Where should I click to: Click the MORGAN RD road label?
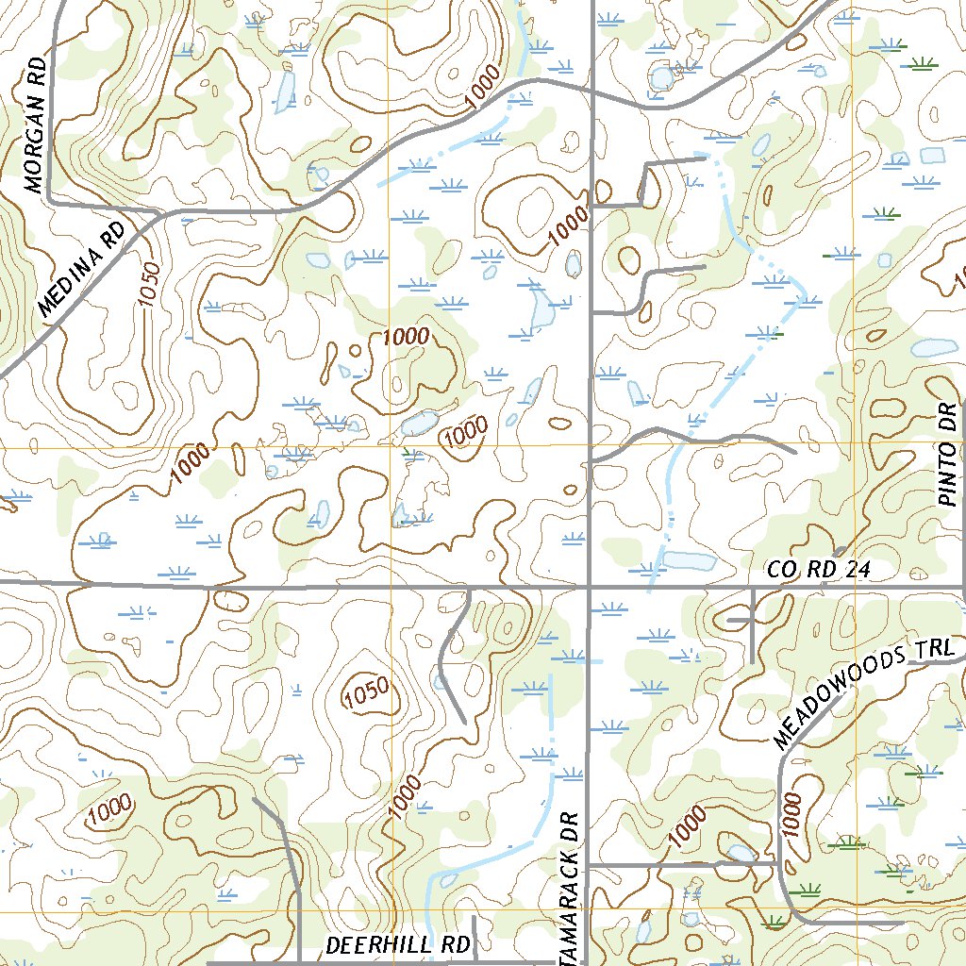[37, 132]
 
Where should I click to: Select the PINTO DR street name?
[949, 456]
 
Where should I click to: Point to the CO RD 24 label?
[817, 570]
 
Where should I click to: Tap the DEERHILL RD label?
[397, 944]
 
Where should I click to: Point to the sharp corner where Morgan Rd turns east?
[51, 202]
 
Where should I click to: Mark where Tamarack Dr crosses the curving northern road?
[591, 92]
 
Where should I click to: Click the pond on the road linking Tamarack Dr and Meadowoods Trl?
[741, 853]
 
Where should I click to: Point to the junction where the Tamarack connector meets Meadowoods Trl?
[780, 861]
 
